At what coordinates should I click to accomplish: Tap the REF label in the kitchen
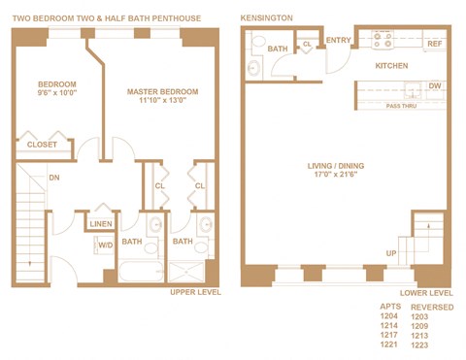[x=434, y=44]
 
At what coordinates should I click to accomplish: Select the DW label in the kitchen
[x=434, y=86]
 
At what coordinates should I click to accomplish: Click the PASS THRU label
[x=401, y=106]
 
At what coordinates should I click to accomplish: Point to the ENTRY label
[x=339, y=41]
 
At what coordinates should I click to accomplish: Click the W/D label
[x=105, y=245]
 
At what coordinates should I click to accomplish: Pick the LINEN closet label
[x=101, y=225]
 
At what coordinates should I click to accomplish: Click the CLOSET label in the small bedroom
[x=42, y=145]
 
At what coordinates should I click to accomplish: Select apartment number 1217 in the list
[x=388, y=335]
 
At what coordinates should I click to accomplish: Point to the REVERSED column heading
[x=433, y=306]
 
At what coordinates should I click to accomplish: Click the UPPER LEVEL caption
[x=194, y=292]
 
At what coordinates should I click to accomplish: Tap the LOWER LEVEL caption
[x=426, y=292]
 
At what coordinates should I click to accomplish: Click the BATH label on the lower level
[x=277, y=49]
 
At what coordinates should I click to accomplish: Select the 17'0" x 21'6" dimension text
[x=334, y=177]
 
